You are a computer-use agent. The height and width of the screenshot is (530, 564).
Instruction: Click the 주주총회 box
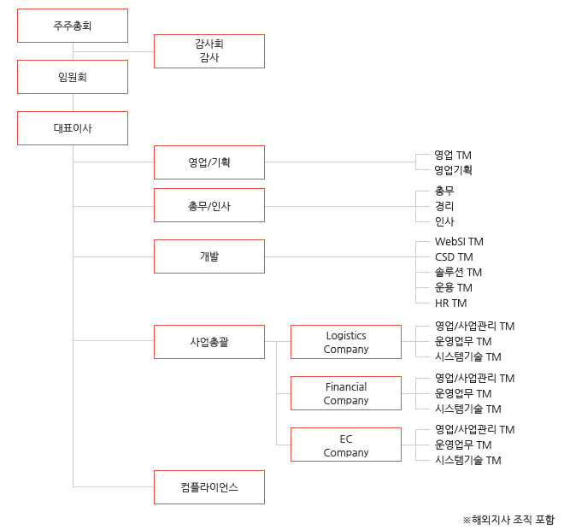pyautogui.click(x=73, y=26)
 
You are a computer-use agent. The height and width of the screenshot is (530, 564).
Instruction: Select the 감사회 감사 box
pyautogui.click(x=209, y=51)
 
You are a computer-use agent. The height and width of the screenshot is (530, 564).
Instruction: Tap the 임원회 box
pyautogui.click(x=73, y=77)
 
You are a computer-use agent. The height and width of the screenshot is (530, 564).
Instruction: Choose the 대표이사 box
pyautogui.click(x=73, y=128)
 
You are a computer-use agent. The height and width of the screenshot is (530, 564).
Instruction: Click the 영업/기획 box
pyautogui.click(x=209, y=162)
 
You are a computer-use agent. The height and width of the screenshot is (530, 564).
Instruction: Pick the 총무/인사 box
pyautogui.click(x=209, y=205)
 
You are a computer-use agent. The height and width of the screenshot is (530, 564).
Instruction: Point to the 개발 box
pyautogui.click(x=209, y=256)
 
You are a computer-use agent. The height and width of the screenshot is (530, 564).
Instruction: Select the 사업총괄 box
pyautogui.click(x=209, y=342)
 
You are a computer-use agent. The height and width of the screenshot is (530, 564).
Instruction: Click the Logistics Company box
pyautogui.click(x=346, y=342)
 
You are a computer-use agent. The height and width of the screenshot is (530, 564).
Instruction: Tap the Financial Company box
pyautogui.click(x=346, y=393)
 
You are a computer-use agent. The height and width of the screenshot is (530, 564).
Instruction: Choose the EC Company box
pyautogui.click(x=346, y=445)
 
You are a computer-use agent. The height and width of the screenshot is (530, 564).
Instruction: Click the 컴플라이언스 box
pyautogui.click(x=209, y=487)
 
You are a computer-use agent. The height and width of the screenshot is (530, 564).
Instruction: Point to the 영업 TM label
pyautogui.click(x=453, y=155)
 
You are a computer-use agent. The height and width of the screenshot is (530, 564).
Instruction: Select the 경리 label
pyautogui.click(x=444, y=206)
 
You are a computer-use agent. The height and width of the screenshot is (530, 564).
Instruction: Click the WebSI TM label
pyautogui.click(x=459, y=241)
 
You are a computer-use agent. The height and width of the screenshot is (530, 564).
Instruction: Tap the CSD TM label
pyautogui.click(x=454, y=257)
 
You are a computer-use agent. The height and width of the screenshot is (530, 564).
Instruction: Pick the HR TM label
pyautogui.click(x=450, y=303)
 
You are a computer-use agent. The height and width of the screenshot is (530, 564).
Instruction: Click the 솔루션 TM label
pyautogui.click(x=458, y=273)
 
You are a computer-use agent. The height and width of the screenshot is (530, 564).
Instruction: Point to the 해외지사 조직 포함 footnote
pyautogui.click(x=508, y=520)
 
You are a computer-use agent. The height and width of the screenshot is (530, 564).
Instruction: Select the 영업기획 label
pyautogui.click(x=453, y=170)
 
